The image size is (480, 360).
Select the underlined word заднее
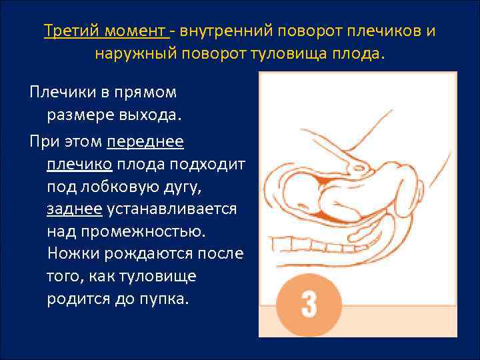(x=74, y=209)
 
